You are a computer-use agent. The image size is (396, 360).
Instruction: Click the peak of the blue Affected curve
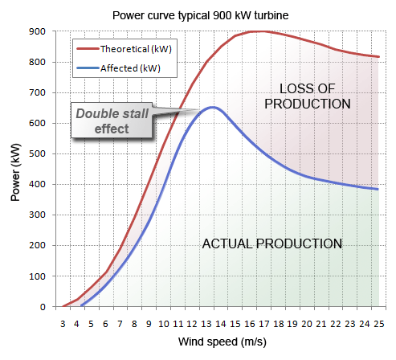coord(211,107)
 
